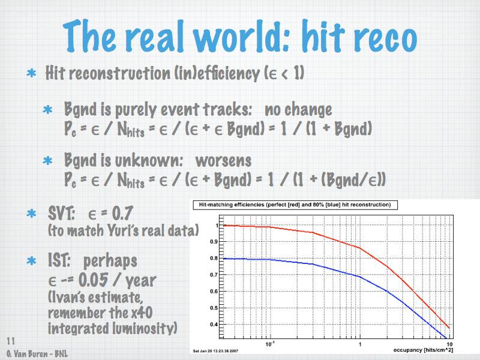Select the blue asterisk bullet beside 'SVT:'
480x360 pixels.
[31, 213]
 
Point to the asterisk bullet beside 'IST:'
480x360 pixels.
[31, 261]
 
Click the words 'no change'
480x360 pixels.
[298, 110]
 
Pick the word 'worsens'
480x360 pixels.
[223, 161]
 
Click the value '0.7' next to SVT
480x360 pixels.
[122, 213]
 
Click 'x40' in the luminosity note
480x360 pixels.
[142, 313]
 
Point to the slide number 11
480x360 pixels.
[10, 341]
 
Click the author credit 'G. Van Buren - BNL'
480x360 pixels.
[37, 354]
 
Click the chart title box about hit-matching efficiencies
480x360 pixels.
[295, 205]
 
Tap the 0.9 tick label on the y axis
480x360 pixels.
[214, 242]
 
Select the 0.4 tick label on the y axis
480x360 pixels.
[214, 325]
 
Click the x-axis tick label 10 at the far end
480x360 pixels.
[449, 344]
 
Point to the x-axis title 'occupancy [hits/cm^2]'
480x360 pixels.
[423, 350]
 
